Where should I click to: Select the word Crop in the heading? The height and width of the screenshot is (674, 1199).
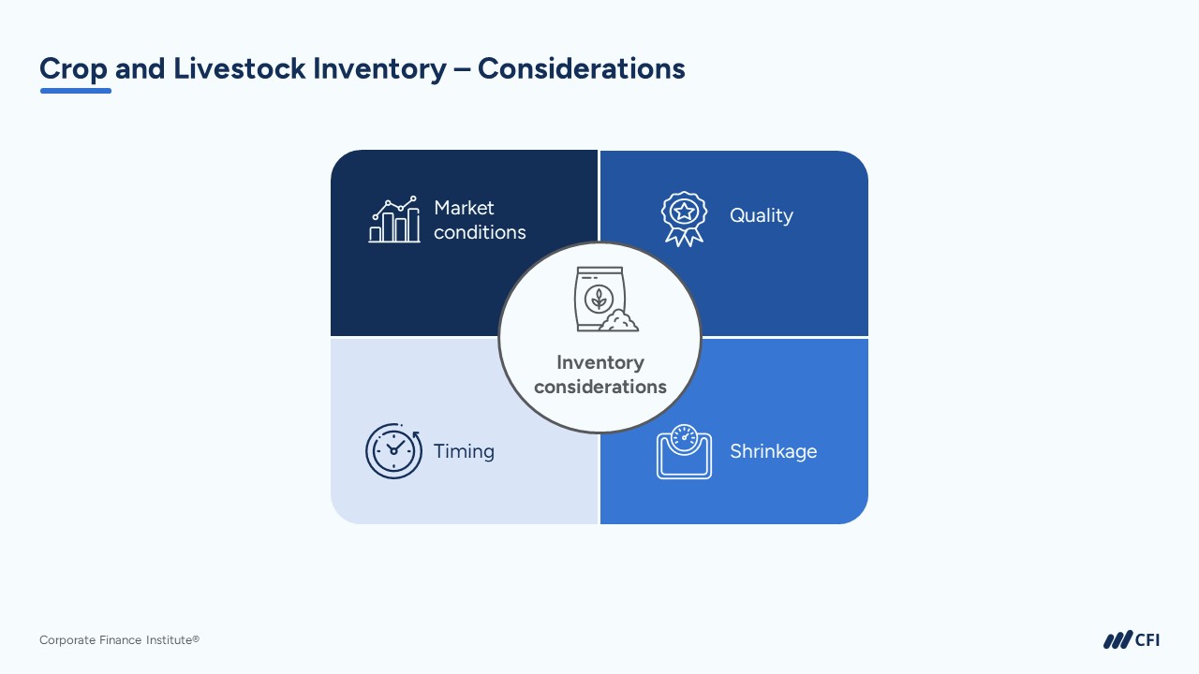[x=73, y=68]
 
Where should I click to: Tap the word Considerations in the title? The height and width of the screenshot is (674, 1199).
[x=581, y=68]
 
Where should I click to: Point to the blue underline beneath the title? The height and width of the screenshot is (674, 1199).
[x=76, y=91]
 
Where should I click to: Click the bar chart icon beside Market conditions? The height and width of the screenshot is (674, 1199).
[x=393, y=220]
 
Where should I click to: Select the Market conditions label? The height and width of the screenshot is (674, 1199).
[x=480, y=220]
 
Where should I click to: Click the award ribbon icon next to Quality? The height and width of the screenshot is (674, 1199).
[x=684, y=218]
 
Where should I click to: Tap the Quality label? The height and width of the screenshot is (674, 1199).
[x=761, y=215]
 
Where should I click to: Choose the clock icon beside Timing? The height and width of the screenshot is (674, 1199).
[x=393, y=451]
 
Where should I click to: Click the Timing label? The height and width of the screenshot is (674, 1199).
[x=464, y=451]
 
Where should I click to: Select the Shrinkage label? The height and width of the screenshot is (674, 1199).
[x=773, y=451]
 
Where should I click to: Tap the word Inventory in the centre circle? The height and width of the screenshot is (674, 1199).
[x=599, y=362]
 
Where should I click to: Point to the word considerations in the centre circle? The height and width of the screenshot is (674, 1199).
[x=599, y=387]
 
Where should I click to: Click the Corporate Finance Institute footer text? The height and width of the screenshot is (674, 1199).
[x=119, y=640]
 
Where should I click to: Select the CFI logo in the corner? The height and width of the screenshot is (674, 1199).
[x=1131, y=640]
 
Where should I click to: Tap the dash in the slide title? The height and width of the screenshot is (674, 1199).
[x=462, y=69]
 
